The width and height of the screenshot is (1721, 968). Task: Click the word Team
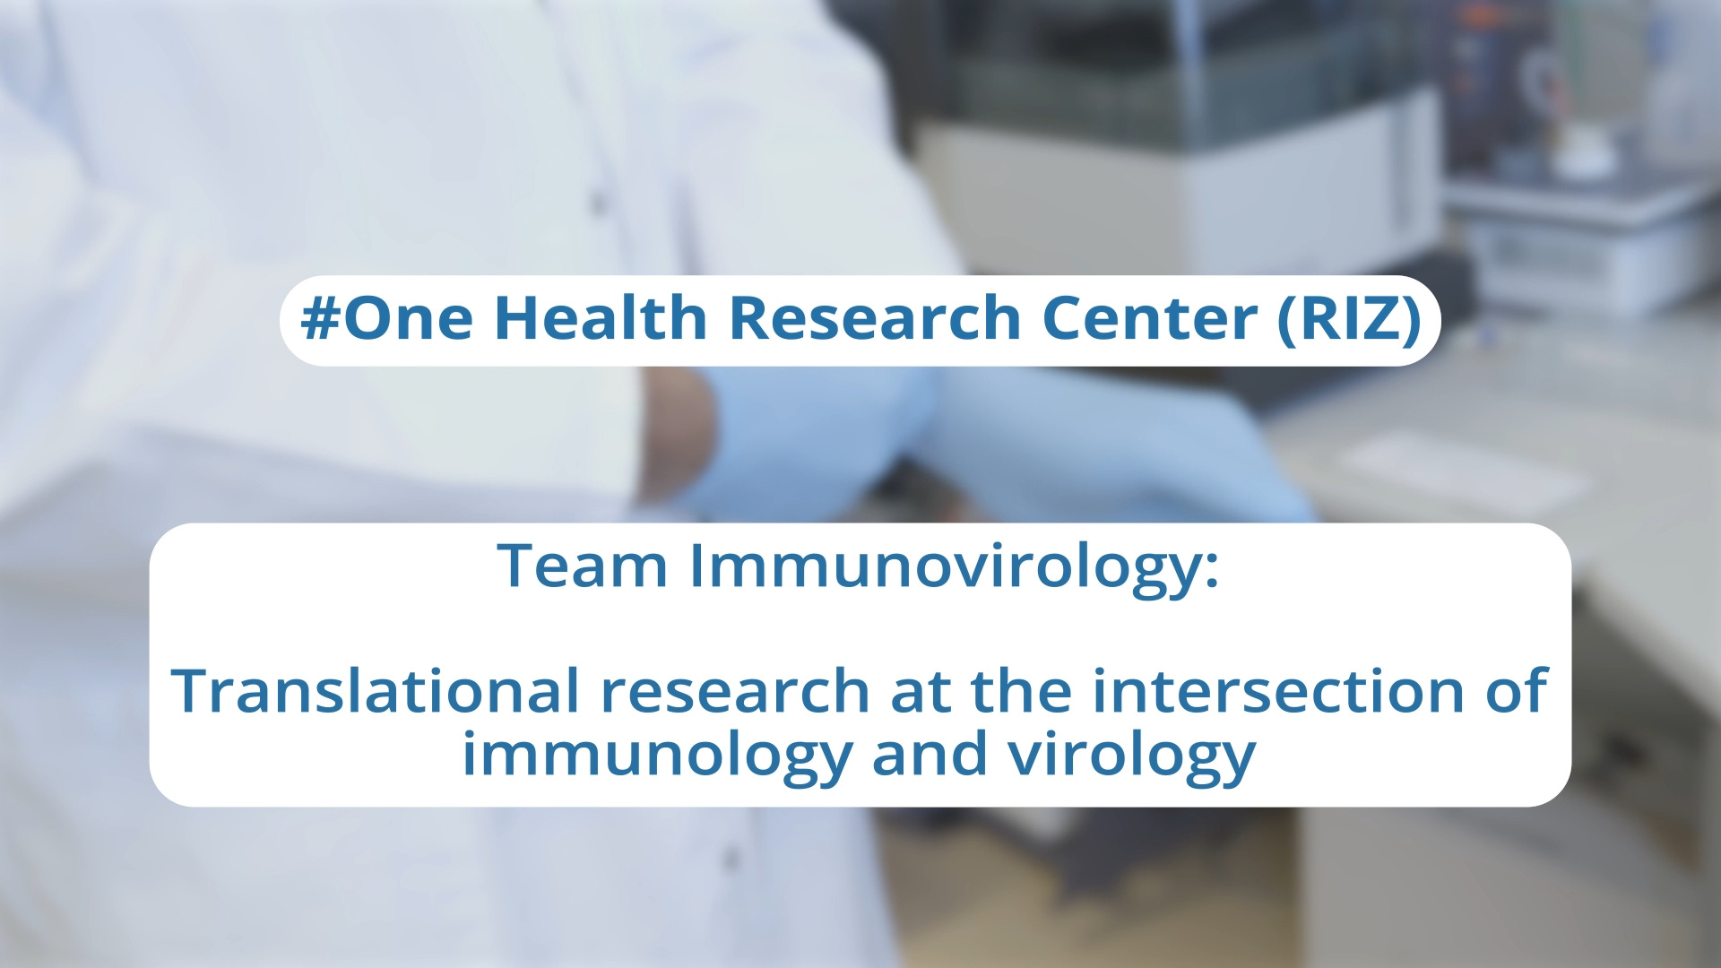pos(583,566)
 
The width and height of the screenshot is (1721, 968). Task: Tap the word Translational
pos(376,690)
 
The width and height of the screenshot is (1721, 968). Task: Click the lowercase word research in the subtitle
pos(735,692)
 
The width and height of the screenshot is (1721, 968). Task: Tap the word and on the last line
pos(930,753)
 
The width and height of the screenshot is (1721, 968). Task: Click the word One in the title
pos(408,318)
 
